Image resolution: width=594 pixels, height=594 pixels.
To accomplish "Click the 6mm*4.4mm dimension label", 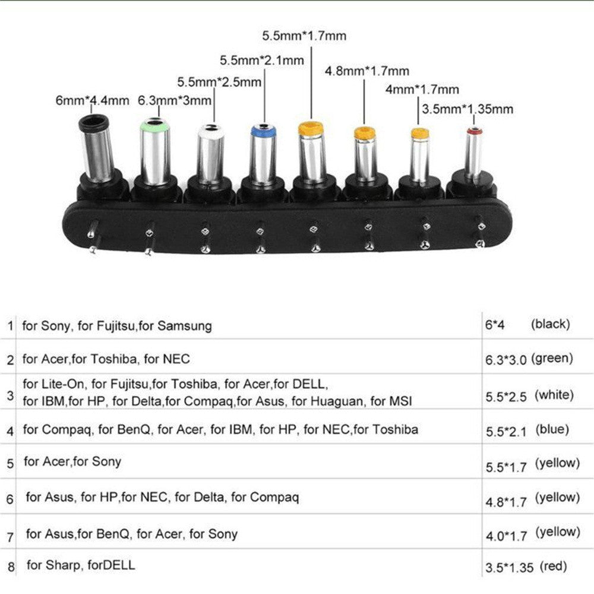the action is click(x=92, y=101).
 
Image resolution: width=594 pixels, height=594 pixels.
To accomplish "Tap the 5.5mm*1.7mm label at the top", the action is click(x=304, y=36).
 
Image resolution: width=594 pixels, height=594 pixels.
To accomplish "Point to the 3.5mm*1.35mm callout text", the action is click(x=468, y=109).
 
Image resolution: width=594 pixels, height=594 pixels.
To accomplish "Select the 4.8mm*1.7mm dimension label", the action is click(x=366, y=71).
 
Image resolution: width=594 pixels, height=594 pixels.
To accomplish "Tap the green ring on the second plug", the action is click(x=154, y=125).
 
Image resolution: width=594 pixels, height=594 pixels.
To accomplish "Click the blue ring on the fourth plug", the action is click(x=263, y=131).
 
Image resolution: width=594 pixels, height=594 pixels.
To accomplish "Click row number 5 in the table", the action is click(x=10, y=464).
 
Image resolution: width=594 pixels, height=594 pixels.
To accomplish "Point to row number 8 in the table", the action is click(x=11, y=567).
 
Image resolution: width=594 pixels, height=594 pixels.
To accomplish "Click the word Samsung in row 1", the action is click(x=185, y=326).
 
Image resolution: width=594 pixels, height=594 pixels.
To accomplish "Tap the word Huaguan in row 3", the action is click(x=337, y=401).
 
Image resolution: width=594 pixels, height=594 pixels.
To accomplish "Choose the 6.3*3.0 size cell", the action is click(x=505, y=360).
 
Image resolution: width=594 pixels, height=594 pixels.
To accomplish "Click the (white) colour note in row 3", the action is click(x=554, y=395).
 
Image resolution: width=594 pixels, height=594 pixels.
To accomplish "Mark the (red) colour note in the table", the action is click(x=553, y=566).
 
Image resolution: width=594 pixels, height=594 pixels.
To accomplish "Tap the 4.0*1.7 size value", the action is click(x=507, y=536).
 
